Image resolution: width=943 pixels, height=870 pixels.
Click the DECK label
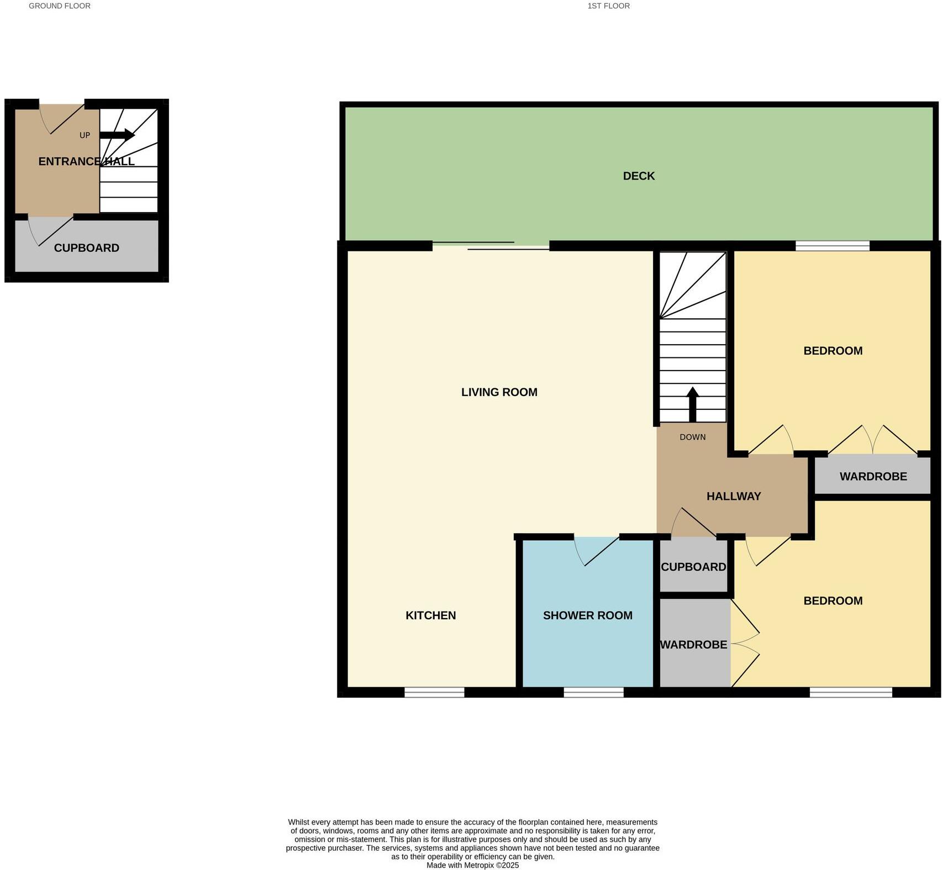(x=639, y=176)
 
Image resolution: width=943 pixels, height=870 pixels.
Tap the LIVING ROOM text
(x=499, y=392)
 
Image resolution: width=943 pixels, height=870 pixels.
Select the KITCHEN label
(x=430, y=615)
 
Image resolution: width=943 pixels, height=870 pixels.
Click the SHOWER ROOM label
(x=587, y=615)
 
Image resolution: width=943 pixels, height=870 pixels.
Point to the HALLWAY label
(x=734, y=496)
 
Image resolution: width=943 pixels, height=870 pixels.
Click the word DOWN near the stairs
(x=692, y=437)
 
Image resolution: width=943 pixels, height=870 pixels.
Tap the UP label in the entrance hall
(x=85, y=135)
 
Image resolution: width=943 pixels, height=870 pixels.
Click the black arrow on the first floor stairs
(x=692, y=404)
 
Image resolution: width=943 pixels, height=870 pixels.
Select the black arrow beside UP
(x=117, y=135)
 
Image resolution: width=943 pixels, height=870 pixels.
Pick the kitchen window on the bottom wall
(x=434, y=692)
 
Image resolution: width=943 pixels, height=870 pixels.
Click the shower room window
(x=593, y=692)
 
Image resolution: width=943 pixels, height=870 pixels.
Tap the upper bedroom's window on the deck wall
(x=832, y=246)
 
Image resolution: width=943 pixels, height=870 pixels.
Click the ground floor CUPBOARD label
(x=86, y=248)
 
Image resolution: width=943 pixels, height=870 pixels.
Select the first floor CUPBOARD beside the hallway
(x=693, y=567)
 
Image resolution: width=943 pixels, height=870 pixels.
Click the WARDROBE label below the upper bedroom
(x=873, y=476)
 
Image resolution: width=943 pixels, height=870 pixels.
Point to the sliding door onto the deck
(x=491, y=246)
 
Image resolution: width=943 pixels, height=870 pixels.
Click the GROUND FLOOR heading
(x=60, y=6)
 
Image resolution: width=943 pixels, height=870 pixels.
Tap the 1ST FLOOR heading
(x=609, y=6)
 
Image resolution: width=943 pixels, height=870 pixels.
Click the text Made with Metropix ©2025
(x=472, y=866)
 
